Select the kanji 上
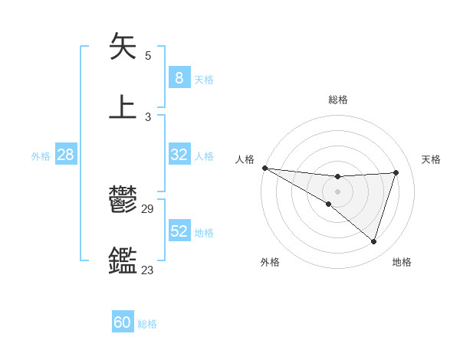(x=123, y=106)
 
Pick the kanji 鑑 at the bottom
(x=123, y=260)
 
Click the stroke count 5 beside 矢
(x=148, y=56)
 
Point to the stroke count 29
(x=148, y=209)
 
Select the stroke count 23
(x=148, y=270)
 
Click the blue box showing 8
(x=179, y=77)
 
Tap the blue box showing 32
(x=179, y=154)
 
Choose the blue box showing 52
(x=179, y=231)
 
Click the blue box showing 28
(x=65, y=154)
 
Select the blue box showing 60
(x=123, y=322)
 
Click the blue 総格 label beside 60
(x=147, y=324)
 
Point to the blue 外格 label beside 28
(x=41, y=155)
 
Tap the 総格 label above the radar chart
(x=337, y=100)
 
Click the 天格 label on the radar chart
(x=431, y=159)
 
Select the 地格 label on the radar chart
(x=402, y=262)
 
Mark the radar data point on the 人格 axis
(x=264, y=168)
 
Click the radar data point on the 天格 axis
(x=396, y=172)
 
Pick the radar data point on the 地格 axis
(x=374, y=242)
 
